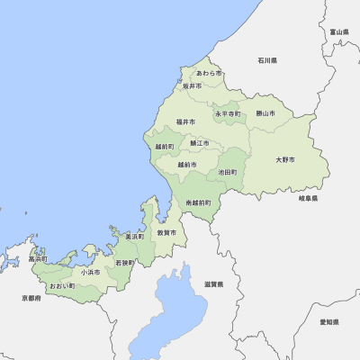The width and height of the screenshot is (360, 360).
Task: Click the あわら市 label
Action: coord(209,73)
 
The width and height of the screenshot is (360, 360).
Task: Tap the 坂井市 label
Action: coord(192,86)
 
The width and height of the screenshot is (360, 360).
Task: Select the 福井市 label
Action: coord(186,121)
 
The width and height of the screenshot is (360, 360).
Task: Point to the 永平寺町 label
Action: coord(228,114)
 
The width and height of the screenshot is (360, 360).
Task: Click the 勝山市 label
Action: coord(265,113)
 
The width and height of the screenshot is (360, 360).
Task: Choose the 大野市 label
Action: coord(285,159)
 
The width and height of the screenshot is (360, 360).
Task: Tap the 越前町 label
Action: coord(165,146)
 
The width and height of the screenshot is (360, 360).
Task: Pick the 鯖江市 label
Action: coord(199,143)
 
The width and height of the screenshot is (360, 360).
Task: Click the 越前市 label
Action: coord(187,165)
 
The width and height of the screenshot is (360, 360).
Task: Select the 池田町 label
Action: coord(228,172)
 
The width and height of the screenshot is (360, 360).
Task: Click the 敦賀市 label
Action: coord(166,232)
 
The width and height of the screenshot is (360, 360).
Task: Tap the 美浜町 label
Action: coord(134,236)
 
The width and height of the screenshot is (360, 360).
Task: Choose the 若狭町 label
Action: coord(124,263)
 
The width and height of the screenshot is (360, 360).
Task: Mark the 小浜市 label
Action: coord(90,271)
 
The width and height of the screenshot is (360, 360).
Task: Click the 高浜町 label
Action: coord(38,258)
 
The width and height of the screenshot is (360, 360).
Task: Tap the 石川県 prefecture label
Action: coord(266,60)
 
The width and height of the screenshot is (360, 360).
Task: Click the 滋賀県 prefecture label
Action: coord(213,283)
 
